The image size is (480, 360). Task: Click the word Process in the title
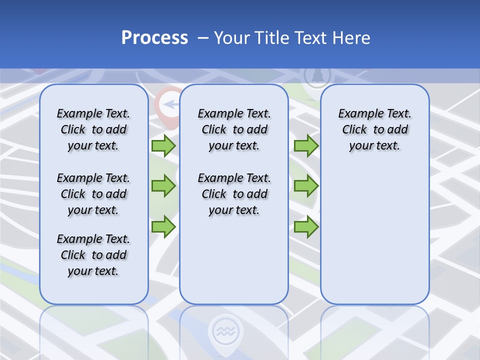click(154, 38)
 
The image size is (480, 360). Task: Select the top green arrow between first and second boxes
click(163, 146)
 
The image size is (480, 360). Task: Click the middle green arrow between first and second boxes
click(163, 186)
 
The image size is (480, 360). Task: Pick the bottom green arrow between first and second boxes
click(163, 227)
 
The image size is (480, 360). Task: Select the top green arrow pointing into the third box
click(306, 146)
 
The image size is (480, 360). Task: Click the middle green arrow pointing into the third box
click(306, 186)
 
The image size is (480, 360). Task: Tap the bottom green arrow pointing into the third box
click(306, 227)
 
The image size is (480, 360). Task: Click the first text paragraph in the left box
click(93, 129)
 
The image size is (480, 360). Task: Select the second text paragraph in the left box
click(93, 194)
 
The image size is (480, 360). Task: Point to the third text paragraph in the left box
click(93, 255)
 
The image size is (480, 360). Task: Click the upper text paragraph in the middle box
click(234, 129)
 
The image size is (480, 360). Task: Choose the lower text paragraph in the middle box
click(234, 194)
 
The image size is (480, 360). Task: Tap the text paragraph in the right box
click(374, 129)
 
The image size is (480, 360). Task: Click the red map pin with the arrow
click(169, 104)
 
